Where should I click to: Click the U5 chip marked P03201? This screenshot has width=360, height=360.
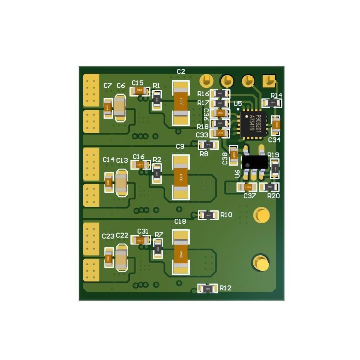coord(253,124)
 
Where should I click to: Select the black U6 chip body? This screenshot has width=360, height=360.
coord(255,162)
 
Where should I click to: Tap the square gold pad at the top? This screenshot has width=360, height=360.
coord(268,81)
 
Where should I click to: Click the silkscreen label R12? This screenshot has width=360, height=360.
coord(226,288)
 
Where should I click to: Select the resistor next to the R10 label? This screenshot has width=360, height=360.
coord(208,215)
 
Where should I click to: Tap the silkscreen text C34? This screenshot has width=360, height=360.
coord(274,140)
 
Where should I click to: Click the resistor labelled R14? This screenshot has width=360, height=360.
coord(272,103)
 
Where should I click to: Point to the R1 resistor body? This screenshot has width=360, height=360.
coord(157,100)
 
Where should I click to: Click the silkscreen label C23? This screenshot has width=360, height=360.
coord(108,236)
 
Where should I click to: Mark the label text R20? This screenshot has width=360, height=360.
coord(273,196)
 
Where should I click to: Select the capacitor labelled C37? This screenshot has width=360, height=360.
coord(246,187)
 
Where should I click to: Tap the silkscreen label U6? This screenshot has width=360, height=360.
coord(237,174)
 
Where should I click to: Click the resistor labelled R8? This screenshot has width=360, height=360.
coord(208,145)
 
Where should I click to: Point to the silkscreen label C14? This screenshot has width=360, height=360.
coord(109,159)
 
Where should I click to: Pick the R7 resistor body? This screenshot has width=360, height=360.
coord(158,249)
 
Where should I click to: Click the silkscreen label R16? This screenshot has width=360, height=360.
coord(203,94)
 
